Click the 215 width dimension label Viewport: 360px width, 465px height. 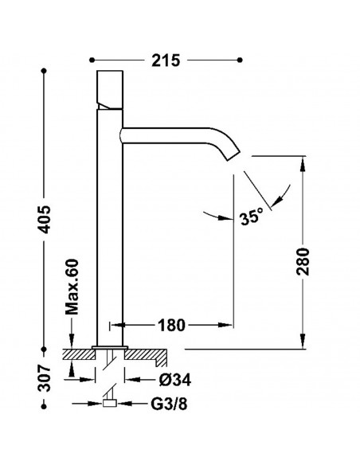click(166, 61)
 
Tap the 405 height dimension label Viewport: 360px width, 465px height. click(45, 219)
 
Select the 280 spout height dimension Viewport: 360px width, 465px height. click(303, 262)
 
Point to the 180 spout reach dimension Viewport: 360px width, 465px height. click(171, 326)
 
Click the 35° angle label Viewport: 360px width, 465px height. click(252, 217)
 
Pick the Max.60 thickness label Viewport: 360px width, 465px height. click(72, 287)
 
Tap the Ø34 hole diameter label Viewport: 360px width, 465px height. click(175, 380)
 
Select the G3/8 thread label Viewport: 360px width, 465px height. click(170, 404)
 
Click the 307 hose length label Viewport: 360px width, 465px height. click(45, 377)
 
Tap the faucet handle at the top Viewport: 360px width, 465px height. click(110, 90)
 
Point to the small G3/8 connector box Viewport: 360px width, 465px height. click(109, 404)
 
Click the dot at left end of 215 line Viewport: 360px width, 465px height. click(92, 61)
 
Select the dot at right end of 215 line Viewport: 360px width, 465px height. click(240, 61)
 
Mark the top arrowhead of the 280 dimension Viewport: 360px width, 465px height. click(303, 163)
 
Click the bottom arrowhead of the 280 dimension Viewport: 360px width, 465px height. click(303, 341)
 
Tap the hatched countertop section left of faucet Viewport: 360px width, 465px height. click(79, 354)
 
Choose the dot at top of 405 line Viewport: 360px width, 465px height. click(44, 71)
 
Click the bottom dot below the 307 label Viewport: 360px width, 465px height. click(44, 407)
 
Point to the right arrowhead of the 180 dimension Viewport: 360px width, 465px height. click(225, 326)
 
